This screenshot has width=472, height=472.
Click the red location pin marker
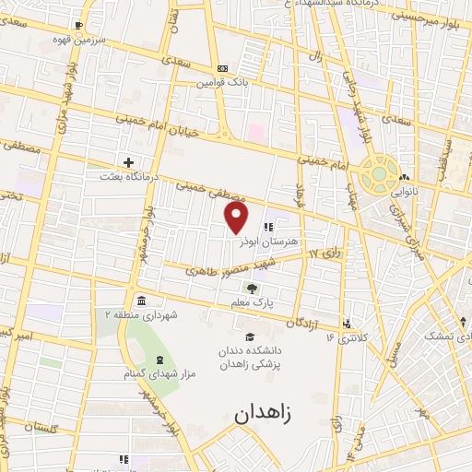click(x=237, y=217)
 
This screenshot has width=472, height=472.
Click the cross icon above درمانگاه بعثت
click(x=128, y=161)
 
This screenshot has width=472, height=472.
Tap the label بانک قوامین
click(x=222, y=81)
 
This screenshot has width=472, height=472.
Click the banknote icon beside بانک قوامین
click(x=222, y=68)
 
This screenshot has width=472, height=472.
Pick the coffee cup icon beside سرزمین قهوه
click(x=77, y=25)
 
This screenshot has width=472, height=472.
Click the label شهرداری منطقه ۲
click(x=140, y=315)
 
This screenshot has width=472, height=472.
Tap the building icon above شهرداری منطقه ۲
click(x=140, y=301)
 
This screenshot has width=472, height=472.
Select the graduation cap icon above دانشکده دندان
click(x=249, y=336)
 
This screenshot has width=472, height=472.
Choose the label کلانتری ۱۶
click(x=346, y=337)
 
